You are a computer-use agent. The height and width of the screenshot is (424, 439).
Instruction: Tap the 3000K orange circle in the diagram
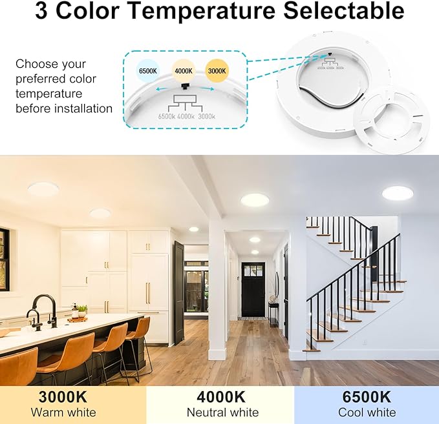[x=217, y=70]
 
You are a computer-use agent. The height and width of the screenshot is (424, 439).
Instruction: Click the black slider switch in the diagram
[x=186, y=86]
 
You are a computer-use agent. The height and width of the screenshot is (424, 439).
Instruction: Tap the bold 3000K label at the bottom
[x=63, y=396]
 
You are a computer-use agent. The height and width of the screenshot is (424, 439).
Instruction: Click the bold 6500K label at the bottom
[x=367, y=396]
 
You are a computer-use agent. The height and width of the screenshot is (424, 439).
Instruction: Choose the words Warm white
[x=63, y=412]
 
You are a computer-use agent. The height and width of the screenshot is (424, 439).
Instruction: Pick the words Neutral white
[x=222, y=412]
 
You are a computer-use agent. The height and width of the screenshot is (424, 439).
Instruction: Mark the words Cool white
[x=367, y=412]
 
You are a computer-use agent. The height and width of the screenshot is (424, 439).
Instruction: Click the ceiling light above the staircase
[x=396, y=192]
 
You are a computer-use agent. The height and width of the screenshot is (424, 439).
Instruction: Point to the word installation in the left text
[x=78, y=108]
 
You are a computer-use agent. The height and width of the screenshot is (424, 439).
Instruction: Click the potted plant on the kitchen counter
[x=82, y=311]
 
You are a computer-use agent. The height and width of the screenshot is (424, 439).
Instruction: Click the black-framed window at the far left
[x=4, y=259]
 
